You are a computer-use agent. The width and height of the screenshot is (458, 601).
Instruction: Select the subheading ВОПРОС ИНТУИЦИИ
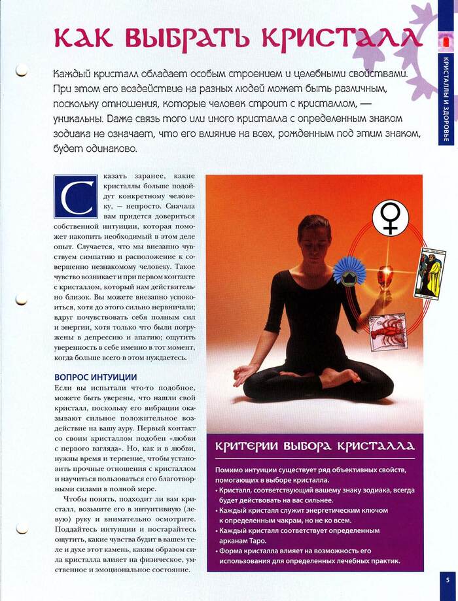(x=96, y=377)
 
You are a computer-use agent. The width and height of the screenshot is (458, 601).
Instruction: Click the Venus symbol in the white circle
(x=391, y=218)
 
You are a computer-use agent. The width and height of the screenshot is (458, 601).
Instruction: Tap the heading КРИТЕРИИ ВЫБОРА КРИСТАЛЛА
(x=315, y=447)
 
